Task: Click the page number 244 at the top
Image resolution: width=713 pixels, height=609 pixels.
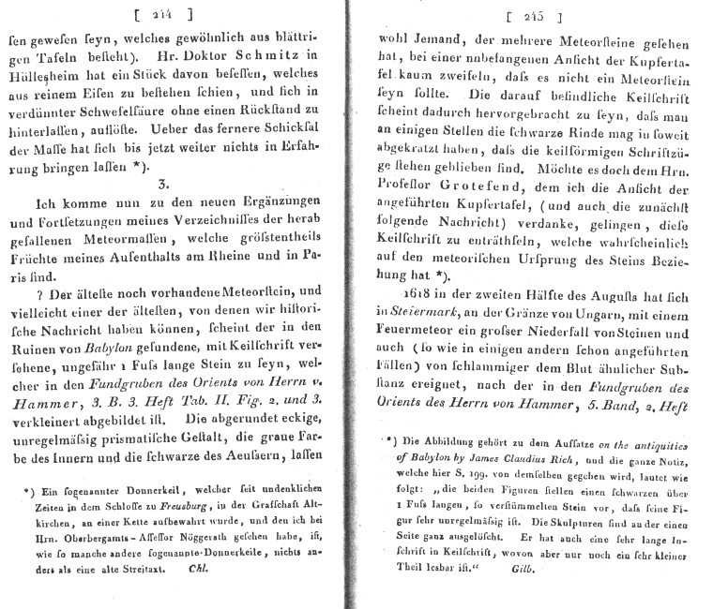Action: point(163,15)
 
